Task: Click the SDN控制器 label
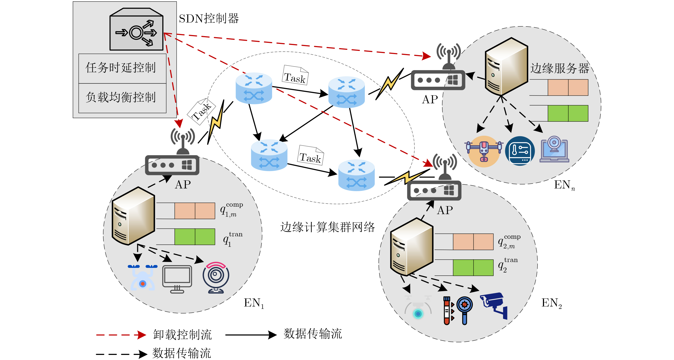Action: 209,19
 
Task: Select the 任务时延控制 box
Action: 122,69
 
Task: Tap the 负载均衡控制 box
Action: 122,98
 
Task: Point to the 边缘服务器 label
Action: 560,68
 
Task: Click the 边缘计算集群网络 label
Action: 327,227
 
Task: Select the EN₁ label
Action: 254,303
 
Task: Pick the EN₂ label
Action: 552,303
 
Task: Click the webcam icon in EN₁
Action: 216,278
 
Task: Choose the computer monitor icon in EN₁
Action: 177,279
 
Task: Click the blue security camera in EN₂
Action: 494,305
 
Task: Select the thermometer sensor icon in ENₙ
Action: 520,151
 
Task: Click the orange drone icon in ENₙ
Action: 484,151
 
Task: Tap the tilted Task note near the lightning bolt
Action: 201,111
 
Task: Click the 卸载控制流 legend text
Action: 182,335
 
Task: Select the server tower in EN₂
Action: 412,247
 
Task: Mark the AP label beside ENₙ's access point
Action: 430,100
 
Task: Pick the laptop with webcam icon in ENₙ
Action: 554,149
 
